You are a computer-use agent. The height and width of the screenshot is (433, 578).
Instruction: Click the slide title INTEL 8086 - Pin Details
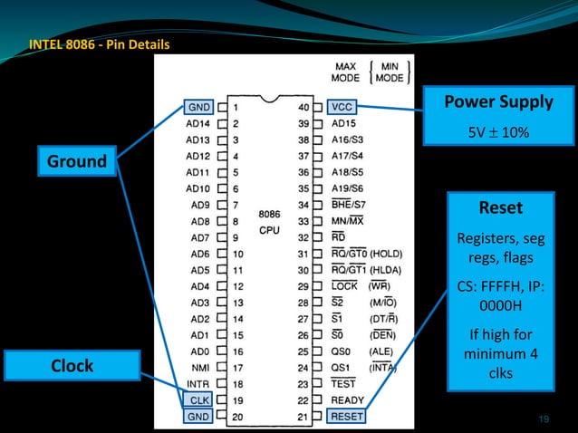(x=99, y=43)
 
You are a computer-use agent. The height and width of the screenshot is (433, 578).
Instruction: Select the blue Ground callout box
(x=77, y=162)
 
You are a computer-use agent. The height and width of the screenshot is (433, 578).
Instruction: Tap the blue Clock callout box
(x=72, y=366)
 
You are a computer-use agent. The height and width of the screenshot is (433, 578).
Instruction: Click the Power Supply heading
(x=498, y=101)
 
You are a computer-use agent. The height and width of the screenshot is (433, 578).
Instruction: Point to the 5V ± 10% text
(x=498, y=132)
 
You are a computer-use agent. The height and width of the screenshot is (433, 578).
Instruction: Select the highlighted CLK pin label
(x=199, y=399)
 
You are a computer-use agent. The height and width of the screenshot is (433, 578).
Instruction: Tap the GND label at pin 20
(x=199, y=416)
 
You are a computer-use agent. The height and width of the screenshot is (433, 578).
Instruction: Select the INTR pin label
(x=198, y=384)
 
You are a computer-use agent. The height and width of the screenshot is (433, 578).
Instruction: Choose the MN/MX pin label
(x=348, y=221)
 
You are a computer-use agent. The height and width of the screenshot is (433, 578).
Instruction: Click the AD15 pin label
(x=344, y=123)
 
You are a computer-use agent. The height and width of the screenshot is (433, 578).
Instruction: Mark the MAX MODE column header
(x=347, y=72)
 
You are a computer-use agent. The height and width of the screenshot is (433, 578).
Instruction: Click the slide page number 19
(x=544, y=418)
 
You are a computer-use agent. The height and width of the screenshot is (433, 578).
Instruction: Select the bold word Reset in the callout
(x=500, y=207)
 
